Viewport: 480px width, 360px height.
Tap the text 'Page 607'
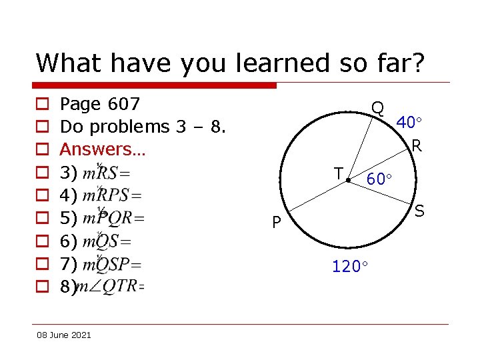point(100,104)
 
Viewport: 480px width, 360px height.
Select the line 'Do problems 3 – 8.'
point(143,127)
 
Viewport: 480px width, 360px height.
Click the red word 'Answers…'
point(102,149)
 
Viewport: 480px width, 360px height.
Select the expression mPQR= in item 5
point(113,218)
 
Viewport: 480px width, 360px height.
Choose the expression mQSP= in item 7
point(111,264)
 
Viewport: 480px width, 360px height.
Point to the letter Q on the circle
point(377,108)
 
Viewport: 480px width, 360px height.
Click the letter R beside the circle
point(416,145)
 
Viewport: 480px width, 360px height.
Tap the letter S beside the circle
point(419,211)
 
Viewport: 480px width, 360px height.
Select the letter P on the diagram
point(275,222)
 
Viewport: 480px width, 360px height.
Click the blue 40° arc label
point(409,123)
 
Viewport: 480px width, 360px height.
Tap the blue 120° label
point(351,267)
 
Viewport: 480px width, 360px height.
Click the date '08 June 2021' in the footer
point(64,335)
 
